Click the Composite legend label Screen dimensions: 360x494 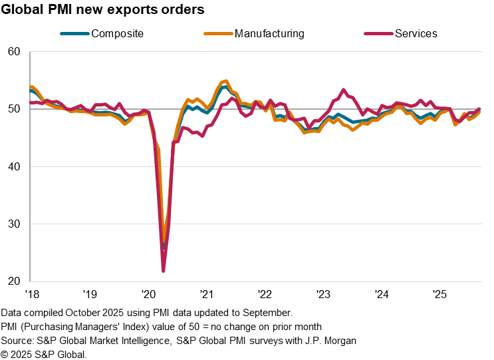117,33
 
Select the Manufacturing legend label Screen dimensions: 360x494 269,33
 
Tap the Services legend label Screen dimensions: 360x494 416,33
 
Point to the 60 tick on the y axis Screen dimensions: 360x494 15,52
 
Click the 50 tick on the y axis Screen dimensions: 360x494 15,109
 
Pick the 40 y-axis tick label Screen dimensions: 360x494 15,166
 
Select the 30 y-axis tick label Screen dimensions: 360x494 15,224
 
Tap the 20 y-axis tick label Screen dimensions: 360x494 15,281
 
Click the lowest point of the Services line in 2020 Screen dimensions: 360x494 164,271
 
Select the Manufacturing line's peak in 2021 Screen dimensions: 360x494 226,81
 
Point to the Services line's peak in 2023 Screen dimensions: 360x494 343,90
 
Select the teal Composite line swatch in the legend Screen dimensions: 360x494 74,33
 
